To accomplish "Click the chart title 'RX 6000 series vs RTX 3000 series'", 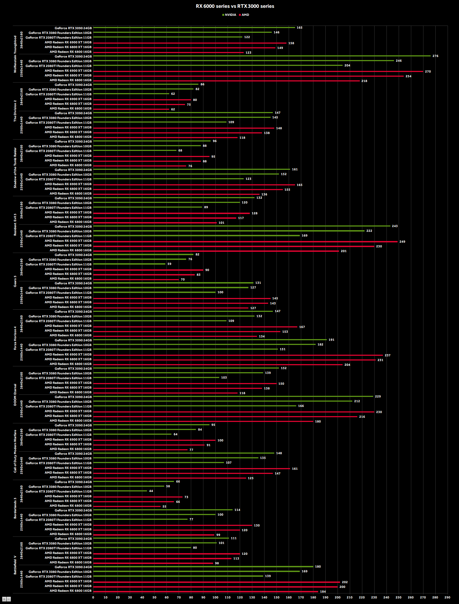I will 235,6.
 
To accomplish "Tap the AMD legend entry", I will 244,15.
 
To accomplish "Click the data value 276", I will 435,56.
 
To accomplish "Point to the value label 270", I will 428,71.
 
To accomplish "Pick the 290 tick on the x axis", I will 447,597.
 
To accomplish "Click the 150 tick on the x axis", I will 276,597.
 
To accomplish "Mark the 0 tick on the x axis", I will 93,597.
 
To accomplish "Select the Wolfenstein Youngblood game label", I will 15,54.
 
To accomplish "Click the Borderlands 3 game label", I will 15,508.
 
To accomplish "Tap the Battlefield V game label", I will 15,565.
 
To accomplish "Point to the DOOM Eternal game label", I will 15,394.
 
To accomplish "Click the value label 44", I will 151,491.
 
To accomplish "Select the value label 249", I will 402,242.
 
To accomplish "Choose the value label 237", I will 387,355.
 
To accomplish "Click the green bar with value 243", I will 242,226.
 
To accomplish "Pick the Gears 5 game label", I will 15,281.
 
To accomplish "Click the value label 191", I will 331,340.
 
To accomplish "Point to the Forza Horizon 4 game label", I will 15,338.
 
